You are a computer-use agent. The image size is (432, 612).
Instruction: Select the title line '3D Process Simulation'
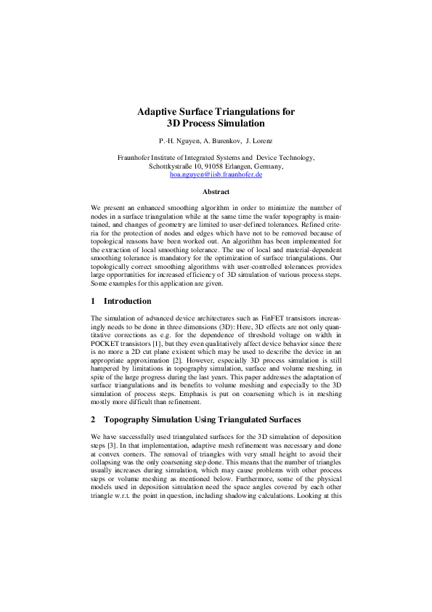[216, 124]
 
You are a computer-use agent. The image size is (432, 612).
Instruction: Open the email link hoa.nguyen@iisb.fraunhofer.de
[216, 175]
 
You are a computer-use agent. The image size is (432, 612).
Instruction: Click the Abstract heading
[216, 192]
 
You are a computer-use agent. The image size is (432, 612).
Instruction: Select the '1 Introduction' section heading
[121, 301]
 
